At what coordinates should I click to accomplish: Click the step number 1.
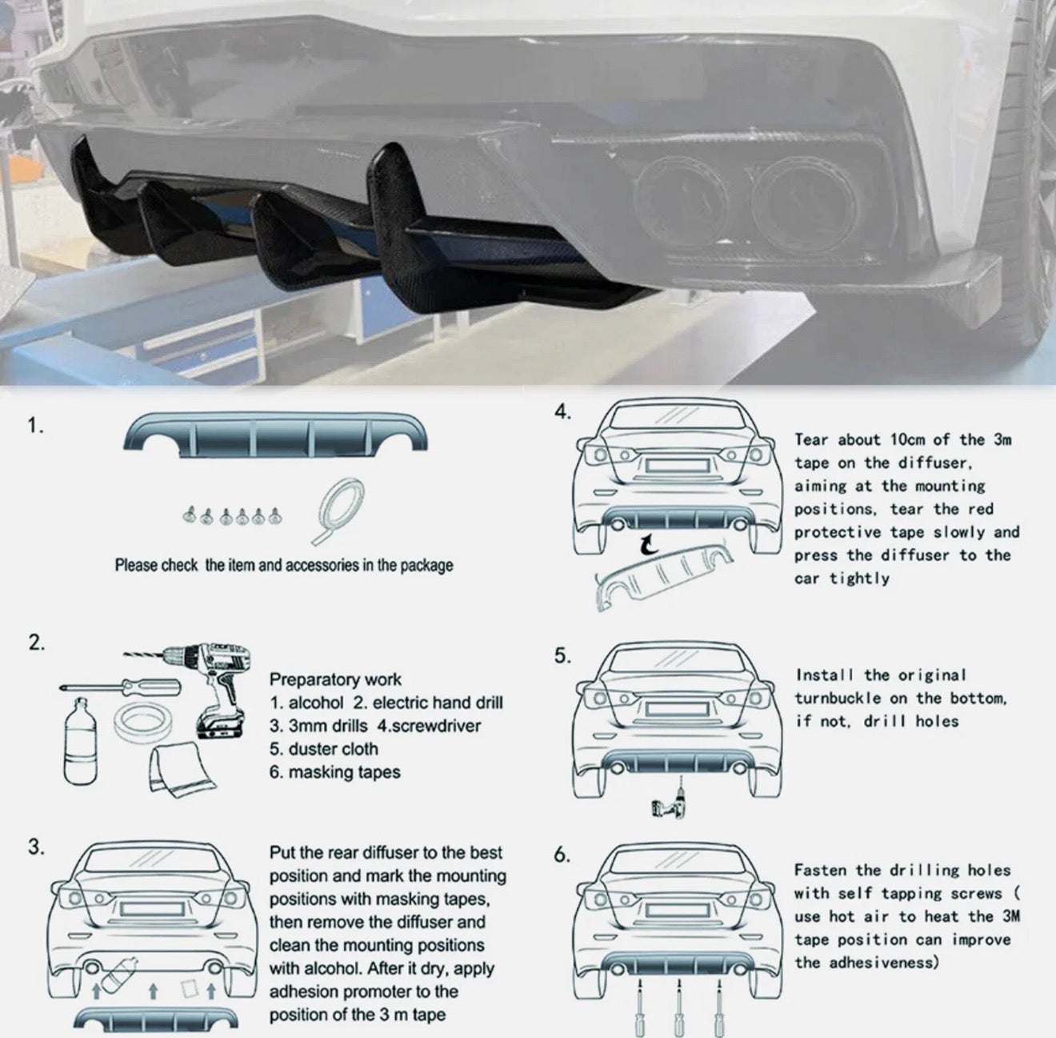click(35, 426)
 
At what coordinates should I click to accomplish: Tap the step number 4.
click(562, 412)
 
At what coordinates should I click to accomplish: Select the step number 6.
click(562, 855)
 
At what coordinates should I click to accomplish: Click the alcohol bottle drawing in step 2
click(80, 741)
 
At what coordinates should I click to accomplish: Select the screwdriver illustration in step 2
click(120, 687)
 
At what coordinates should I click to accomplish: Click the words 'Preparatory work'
click(335, 680)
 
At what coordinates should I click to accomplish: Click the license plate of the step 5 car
click(678, 709)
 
